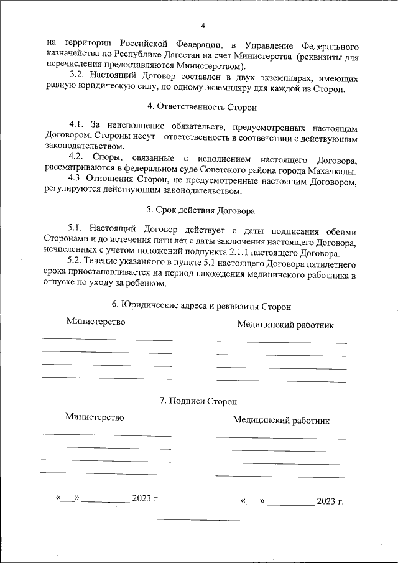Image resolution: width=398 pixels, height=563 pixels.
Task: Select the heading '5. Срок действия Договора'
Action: (199, 210)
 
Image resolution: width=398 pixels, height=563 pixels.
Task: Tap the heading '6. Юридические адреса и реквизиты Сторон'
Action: (201, 306)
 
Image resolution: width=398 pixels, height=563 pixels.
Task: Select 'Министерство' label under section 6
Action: (96, 322)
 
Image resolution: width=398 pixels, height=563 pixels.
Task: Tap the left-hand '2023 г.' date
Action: (146, 498)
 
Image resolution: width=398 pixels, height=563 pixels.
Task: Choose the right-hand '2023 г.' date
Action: (330, 501)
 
